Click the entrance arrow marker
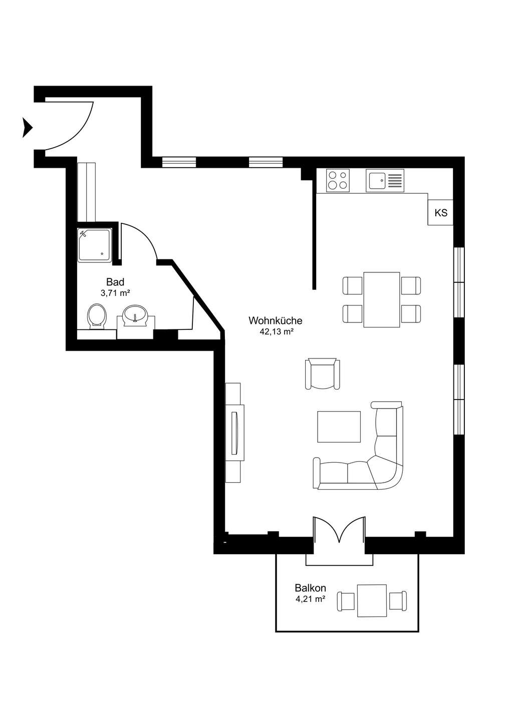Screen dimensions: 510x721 pyautogui.click(x=27, y=128)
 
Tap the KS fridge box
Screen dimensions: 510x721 pyautogui.click(x=440, y=212)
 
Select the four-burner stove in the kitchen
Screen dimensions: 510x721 pyautogui.click(x=338, y=180)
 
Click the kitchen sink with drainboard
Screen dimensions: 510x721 pyautogui.click(x=385, y=181)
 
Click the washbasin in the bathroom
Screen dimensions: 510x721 pyautogui.click(x=135, y=314)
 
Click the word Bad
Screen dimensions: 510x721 pyautogui.click(x=115, y=282)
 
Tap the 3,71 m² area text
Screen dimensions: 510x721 pyautogui.click(x=115, y=293)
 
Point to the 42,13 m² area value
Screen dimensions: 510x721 pyautogui.click(x=276, y=332)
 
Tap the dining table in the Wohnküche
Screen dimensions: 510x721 pyautogui.click(x=382, y=299)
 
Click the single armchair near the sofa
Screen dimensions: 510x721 pyautogui.click(x=322, y=374)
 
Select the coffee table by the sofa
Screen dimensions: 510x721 pyautogui.click(x=339, y=427)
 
